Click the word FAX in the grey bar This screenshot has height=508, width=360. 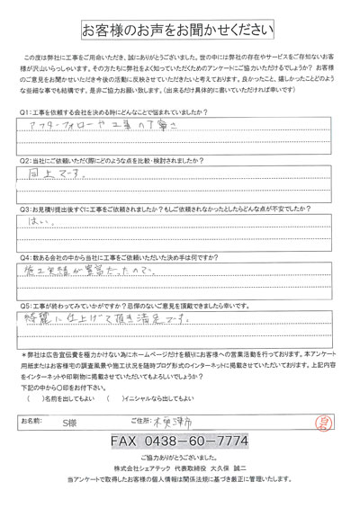pyautogui.click(x=128, y=442)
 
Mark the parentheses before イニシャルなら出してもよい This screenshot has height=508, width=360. pyautogui.click(x=112, y=397)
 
